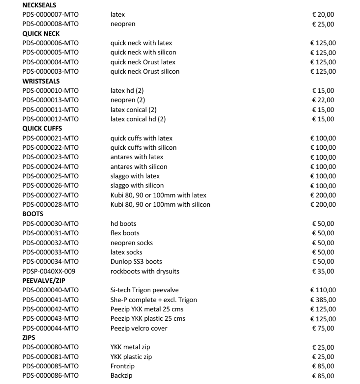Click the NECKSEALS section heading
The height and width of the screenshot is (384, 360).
pos(39,5)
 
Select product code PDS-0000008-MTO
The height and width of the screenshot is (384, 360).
pos(50,24)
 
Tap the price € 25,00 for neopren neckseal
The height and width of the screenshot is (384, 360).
pos(323,24)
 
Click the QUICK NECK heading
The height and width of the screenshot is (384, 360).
pos(41,34)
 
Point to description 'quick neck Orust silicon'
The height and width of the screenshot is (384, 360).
pos(145,71)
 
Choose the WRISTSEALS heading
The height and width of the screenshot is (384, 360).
pos(41,81)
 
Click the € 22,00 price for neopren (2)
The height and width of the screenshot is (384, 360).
pos(323,100)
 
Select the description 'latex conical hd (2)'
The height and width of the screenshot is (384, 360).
pos(138,119)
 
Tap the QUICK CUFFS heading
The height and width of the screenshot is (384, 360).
pos(42,128)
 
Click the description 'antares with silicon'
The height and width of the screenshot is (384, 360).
pos(139,167)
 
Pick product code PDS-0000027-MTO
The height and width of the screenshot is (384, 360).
pos(50,195)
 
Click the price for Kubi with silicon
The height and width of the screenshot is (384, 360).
pos(323,204)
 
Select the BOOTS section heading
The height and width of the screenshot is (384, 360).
pos(33,214)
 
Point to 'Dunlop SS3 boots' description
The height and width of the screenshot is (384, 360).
pos(136,262)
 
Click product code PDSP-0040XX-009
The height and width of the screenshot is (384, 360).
pos(49,271)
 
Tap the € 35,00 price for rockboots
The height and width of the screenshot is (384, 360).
pos(323,271)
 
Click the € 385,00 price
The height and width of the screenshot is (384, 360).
pos(323,300)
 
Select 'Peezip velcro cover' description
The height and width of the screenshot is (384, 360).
pos(139,328)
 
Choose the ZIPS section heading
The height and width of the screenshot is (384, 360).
pos(29,337)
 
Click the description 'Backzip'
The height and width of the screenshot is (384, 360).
pos(121,375)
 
